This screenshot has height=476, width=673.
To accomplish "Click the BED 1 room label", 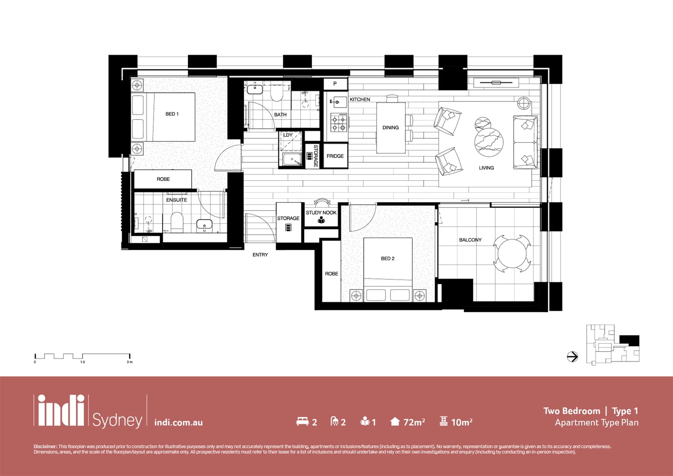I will [172, 114].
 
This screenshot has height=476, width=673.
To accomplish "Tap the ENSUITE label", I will [177, 200].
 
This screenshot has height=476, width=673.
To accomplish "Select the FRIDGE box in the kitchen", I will [335, 156].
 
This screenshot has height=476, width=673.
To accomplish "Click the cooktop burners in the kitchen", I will [339, 123].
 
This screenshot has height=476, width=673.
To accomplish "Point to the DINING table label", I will [391, 128].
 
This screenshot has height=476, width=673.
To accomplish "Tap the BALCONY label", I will [470, 240].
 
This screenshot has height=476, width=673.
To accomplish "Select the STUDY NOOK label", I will [321, 213].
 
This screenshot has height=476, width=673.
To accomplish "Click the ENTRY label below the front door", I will [260, 255].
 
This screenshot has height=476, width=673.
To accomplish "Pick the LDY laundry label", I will [288, 135].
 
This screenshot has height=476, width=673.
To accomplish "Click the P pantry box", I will [335, 84].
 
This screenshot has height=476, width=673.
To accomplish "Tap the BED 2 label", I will [388, 259].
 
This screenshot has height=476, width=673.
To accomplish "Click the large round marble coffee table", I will [489, 142].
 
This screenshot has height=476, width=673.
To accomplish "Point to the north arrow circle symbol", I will [572, 357].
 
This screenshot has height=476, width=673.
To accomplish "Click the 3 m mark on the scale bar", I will [129, 362].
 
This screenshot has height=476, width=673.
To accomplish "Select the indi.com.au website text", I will [178, 423].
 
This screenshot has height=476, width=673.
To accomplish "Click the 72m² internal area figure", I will [414, 422].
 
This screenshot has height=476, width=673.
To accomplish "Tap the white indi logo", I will [61, 411].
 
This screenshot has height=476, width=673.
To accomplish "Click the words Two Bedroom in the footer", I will [571, 411].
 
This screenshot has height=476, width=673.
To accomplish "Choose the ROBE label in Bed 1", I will [163, 179].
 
